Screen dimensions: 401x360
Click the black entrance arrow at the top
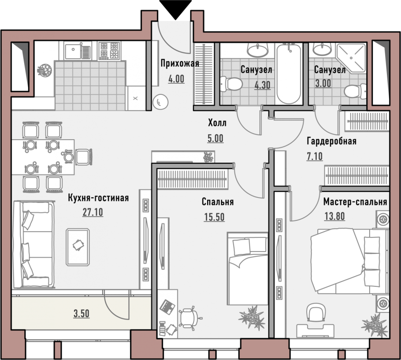point(175,9)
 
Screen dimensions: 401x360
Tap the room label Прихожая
point(180,63)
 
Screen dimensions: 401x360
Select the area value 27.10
point(93,212)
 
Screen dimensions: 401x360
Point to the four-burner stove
point(109,51)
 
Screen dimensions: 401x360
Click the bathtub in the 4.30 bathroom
point(289,74)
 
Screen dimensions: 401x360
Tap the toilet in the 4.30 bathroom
point(231,84)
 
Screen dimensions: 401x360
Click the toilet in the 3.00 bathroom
point(355,91)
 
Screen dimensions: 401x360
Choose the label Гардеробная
point(331,141)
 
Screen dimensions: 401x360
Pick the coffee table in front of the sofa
point(78,247)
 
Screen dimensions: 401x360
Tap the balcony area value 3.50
point(82,313)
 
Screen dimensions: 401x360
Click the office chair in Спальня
point(189,318)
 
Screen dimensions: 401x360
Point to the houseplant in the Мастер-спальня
point(375,325)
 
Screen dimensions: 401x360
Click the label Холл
point(217,123)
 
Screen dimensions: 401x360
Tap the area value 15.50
point(214,217)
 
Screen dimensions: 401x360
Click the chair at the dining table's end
point(83,157)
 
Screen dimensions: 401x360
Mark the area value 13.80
point(334,216)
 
